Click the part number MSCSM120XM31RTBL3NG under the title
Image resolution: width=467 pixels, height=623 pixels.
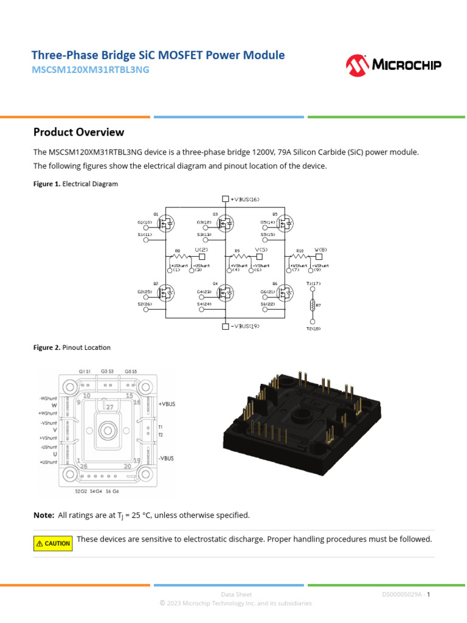pos(90,70)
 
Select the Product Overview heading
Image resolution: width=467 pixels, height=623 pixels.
pos(78,132)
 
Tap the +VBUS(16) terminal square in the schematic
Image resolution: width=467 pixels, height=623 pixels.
pos(226,199)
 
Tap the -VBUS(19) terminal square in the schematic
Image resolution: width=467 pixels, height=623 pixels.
pos(226,327)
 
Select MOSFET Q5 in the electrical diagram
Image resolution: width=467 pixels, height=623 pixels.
pos(284,224)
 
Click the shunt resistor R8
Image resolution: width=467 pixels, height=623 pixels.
pos(181,256)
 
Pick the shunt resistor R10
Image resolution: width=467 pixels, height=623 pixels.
pos(300,256)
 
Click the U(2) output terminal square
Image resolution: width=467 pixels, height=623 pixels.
pos(202,256)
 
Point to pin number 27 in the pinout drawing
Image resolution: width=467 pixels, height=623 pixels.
pos(109,406)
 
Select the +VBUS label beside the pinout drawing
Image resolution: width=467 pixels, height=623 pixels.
pos(166,404)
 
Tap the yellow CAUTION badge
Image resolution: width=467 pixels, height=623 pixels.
pos(53,543)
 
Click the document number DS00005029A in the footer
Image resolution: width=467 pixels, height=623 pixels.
pos(403,594)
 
